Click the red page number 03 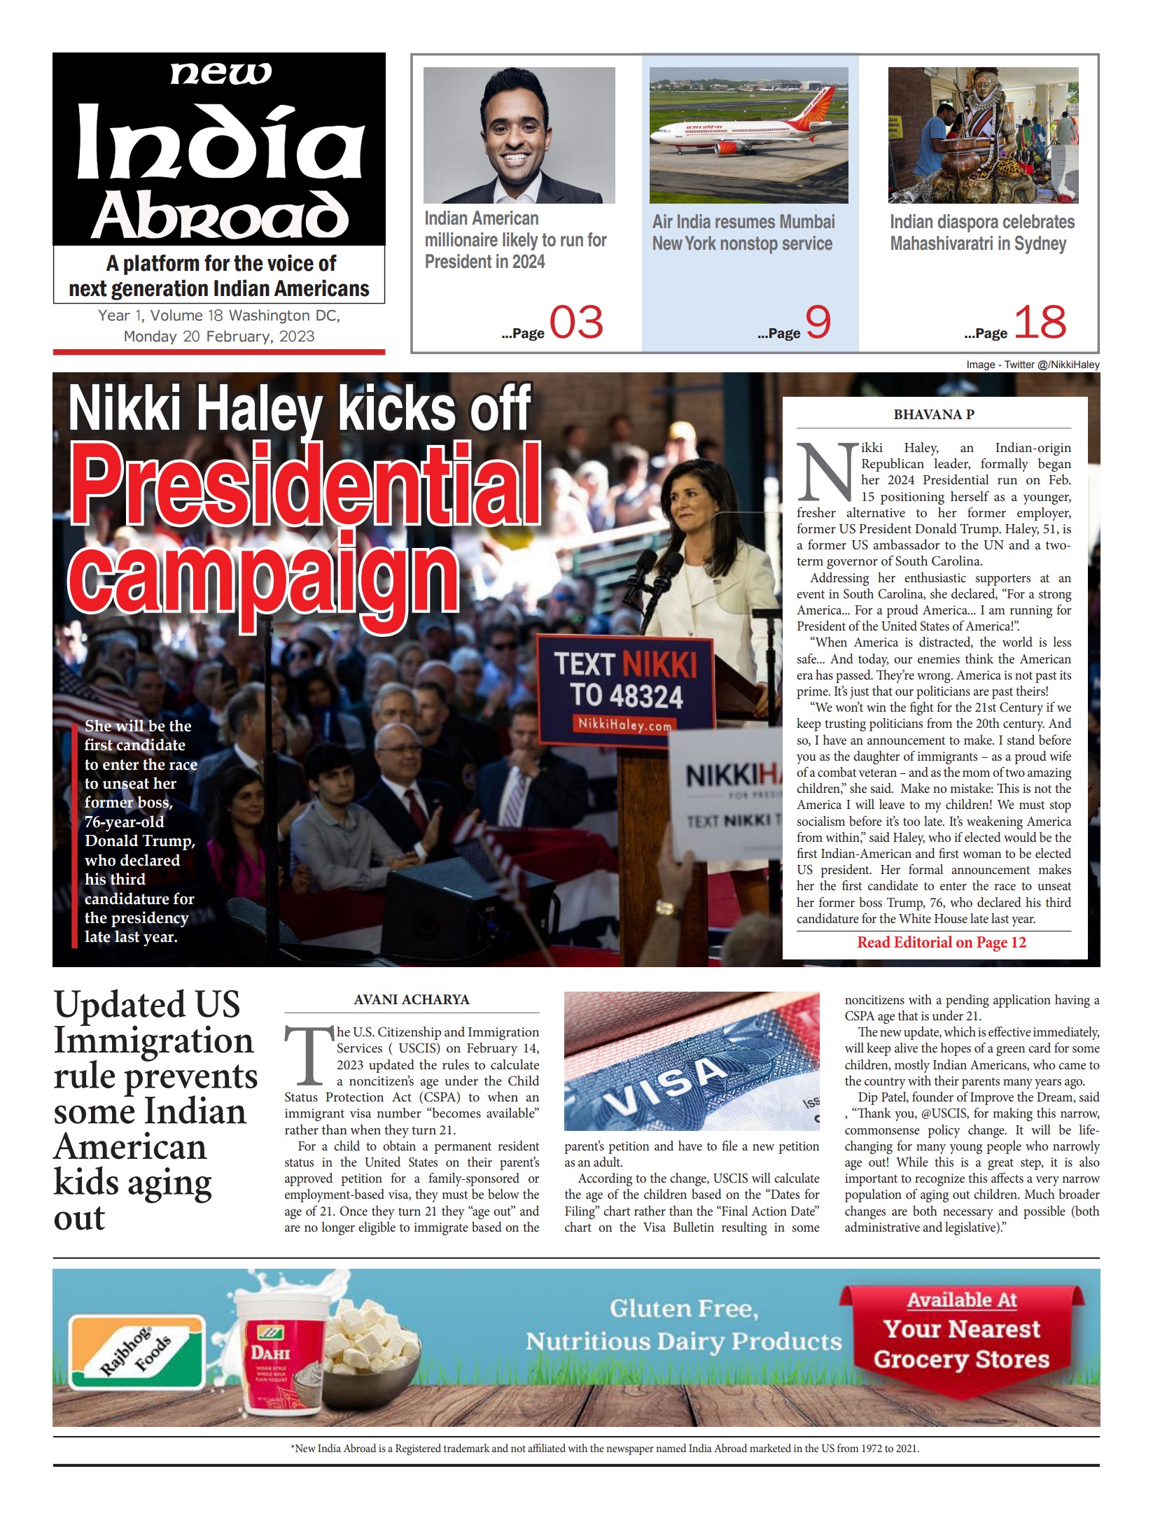tap(575, 323)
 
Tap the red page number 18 tap(1040, 323)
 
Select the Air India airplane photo tap(748, 135)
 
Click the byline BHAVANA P tap(933, 414)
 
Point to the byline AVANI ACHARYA tap(412, 999)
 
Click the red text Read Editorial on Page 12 tap(941, 943)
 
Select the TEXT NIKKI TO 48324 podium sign tap(625, 689)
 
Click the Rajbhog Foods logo tap(137, 1351)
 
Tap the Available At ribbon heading tap(961, 1300)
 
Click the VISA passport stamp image tap(691, 1061)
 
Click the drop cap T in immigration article tap(308, 1056)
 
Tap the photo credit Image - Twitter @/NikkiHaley tap(1032, 365)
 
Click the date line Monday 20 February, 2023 tap(219, 336)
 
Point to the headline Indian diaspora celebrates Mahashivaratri tap(981, 232)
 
